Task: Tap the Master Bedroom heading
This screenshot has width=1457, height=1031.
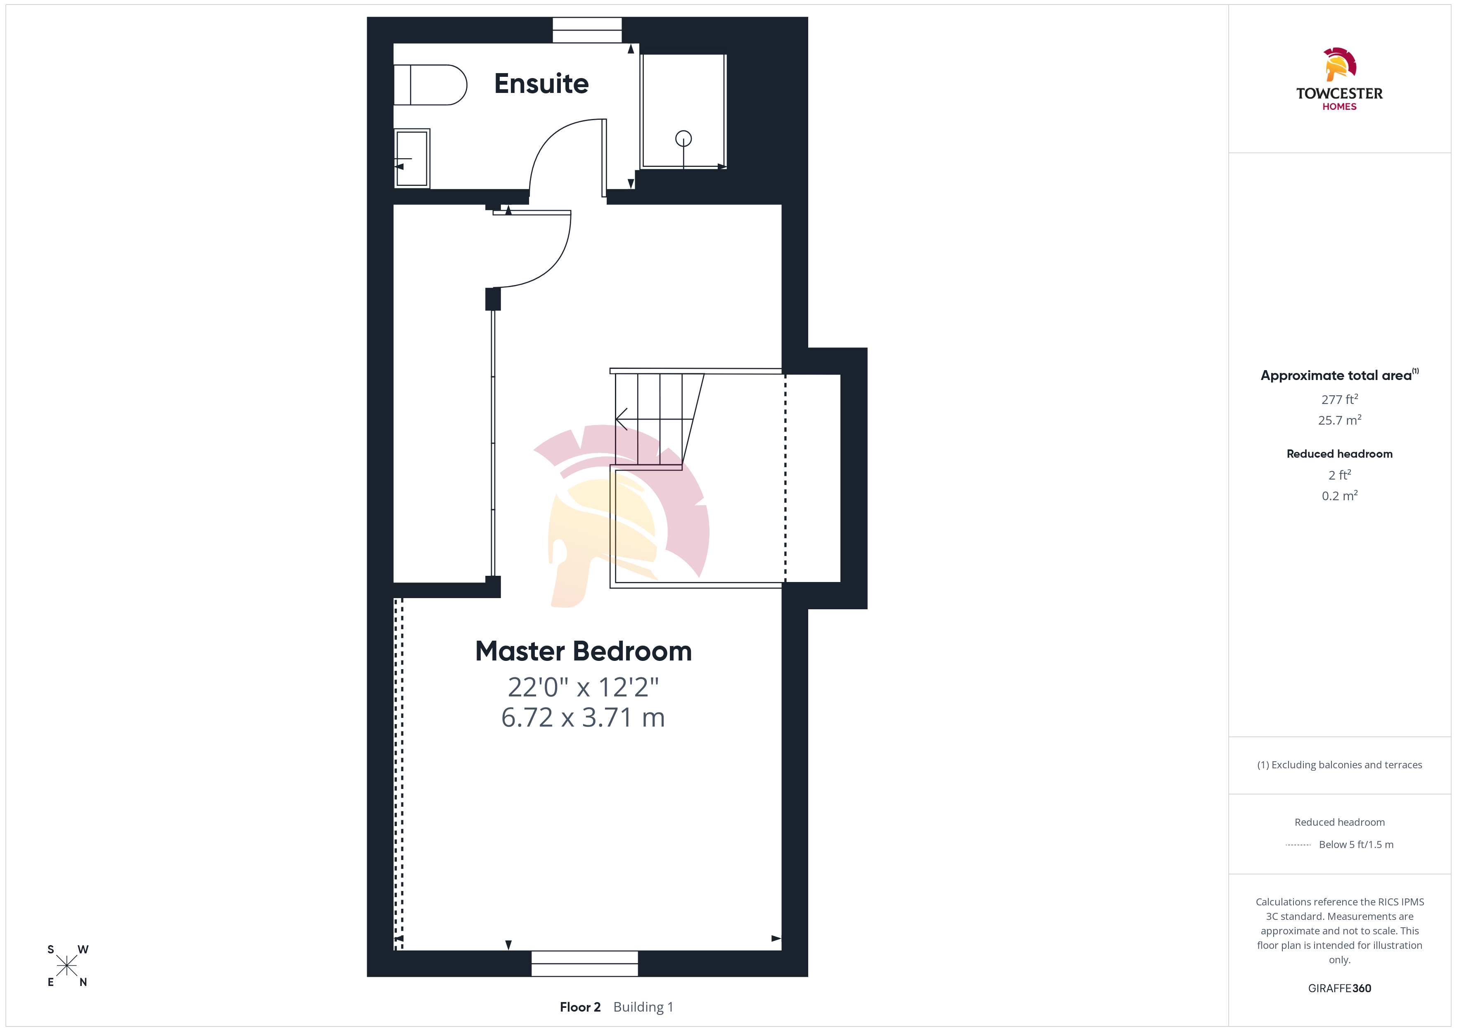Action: [583, 651]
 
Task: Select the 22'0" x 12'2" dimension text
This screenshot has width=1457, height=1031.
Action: [583, 687]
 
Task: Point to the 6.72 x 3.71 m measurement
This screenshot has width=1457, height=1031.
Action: [583, 717]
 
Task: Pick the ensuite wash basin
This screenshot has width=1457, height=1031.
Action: [412, 159]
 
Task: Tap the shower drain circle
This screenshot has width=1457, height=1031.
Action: [683, 138]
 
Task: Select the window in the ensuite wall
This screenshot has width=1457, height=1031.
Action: [587, 30]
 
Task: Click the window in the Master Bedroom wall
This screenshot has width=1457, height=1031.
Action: [584, 964]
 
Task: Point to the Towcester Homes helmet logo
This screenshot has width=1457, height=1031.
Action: [1339, 64]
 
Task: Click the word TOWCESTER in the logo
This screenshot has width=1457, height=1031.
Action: [1339, 94]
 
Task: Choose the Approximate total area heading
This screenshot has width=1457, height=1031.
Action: [1339, 375]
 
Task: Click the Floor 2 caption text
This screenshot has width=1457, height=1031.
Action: [580, 1007]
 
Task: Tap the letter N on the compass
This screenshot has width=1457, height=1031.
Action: [83, 982]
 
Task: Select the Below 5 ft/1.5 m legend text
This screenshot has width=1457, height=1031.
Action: [1356, 844]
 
